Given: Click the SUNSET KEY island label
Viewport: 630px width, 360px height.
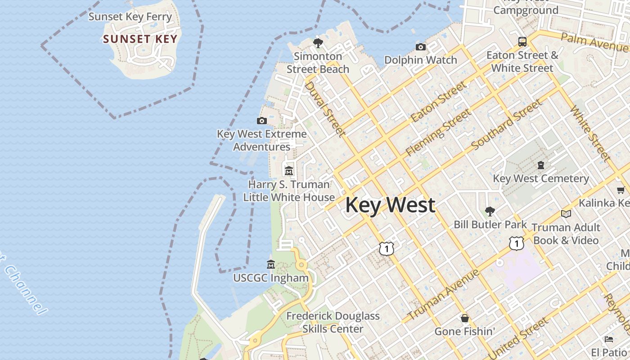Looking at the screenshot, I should click(140, 39).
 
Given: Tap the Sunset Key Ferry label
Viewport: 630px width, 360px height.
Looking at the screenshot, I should click(130, 17).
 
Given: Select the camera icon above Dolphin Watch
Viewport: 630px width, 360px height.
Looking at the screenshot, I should click(421, 47).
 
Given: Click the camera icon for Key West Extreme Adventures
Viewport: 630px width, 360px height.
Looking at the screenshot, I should click(261, 121).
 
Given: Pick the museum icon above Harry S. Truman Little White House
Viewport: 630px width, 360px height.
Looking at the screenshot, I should click(289, 171).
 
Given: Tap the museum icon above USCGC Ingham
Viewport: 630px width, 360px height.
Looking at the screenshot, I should click(271, 264).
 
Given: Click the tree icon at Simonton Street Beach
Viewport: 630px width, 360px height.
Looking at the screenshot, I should click(318, 43).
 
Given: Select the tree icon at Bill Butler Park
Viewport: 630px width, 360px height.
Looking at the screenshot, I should click(490, 211).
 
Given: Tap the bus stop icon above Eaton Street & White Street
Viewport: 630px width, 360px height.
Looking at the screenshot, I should click(522, 42).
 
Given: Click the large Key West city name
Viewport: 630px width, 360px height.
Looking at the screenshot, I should click(390, 205).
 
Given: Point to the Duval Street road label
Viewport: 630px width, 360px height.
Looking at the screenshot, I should click(325, 108).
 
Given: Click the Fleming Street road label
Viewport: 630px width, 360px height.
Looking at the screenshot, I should click(438, 133).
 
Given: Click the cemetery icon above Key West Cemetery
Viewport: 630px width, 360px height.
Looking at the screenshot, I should click(541, 165).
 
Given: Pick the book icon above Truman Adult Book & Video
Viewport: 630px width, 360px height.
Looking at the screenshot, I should click(566, 214).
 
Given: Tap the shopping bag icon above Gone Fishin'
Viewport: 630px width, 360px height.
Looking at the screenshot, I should click(465, 318).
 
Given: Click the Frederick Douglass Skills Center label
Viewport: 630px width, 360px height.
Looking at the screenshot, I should click(333, 323).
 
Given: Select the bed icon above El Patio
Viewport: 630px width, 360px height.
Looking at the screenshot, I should click(609, 339).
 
